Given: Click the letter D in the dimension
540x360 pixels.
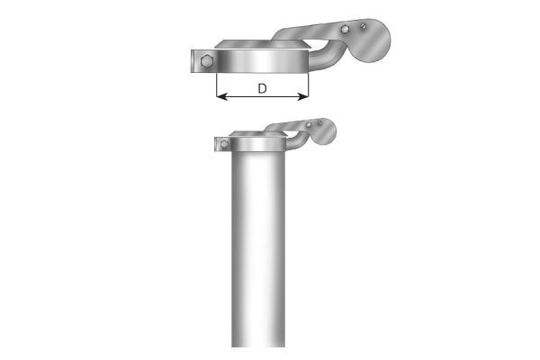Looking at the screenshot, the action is point(262,88).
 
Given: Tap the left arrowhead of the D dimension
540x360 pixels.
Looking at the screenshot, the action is point(221,97).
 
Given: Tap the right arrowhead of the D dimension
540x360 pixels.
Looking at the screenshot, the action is point(303,97).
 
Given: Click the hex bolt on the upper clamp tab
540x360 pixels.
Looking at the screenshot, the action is point(207,61).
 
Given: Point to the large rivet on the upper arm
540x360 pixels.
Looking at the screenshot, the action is point(345,29).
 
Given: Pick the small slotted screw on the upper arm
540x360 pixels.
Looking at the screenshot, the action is point(363,25).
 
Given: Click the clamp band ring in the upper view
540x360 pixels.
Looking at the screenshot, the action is point(262,61).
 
